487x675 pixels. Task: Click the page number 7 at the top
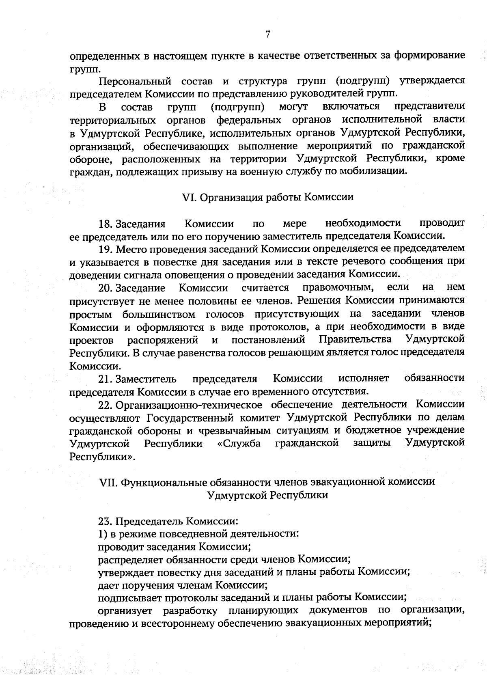tap(268, 35)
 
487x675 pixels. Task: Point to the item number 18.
tap(105, 224)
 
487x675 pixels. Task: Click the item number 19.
tap(105, 248)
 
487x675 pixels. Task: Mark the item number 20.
tap(105, 288)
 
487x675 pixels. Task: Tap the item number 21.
tap(105, 379)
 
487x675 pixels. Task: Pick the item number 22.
tap(105, 405)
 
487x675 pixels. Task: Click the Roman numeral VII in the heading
tap(108, 482)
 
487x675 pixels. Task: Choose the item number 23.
tap(105, 520)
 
